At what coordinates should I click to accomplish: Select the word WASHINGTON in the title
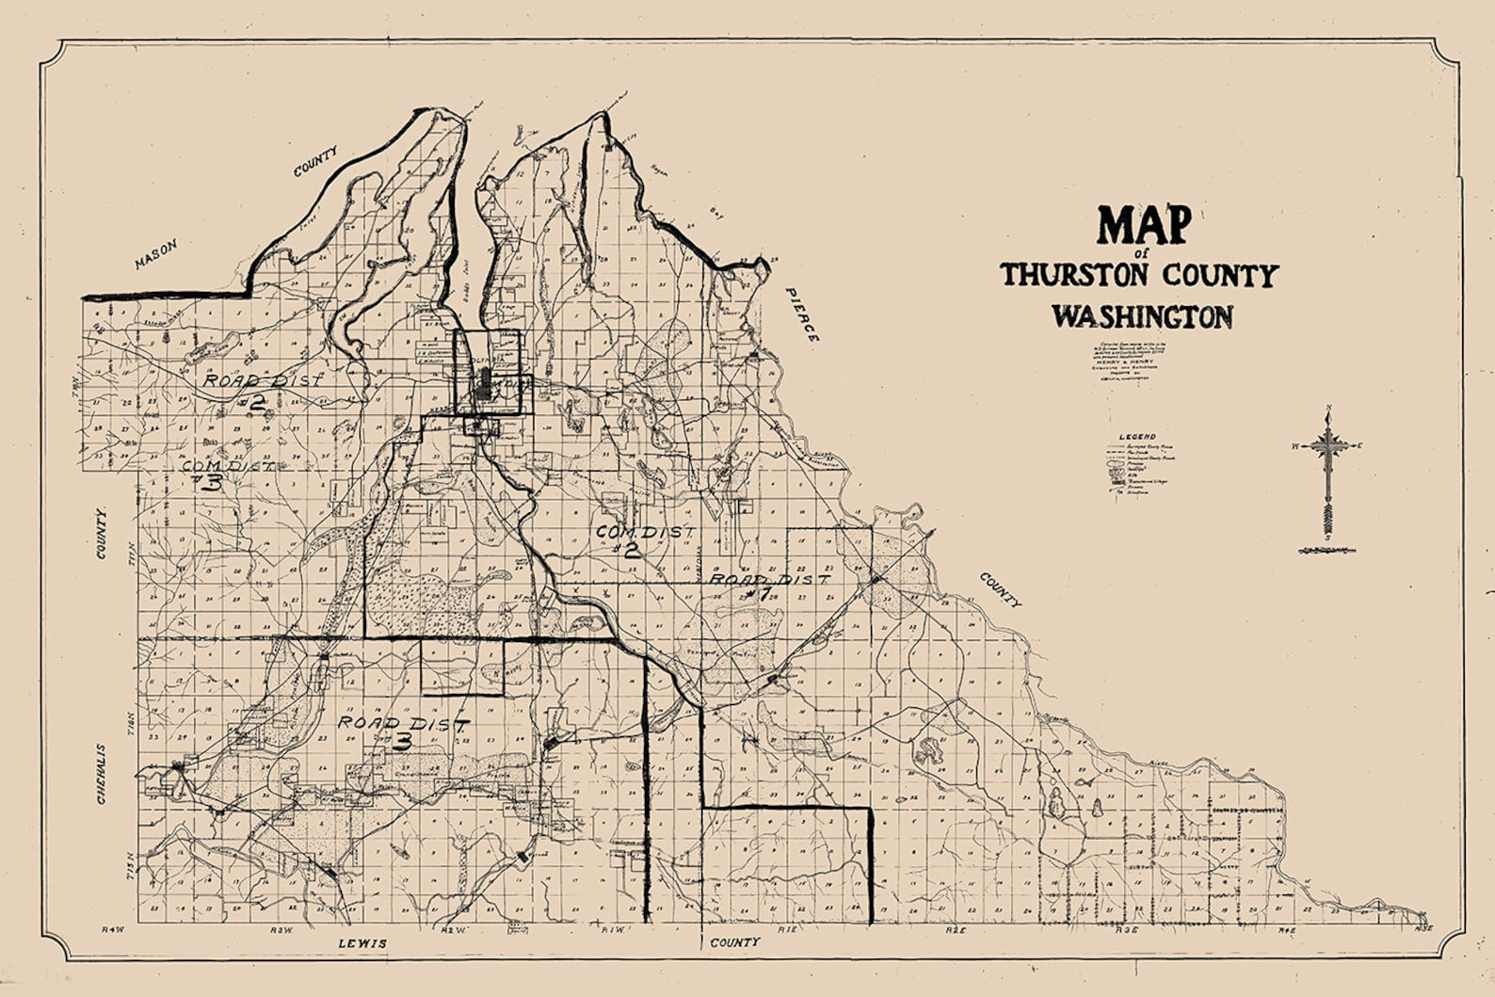click(x=1142, y=315)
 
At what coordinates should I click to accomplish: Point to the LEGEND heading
click(x=1137, y=438)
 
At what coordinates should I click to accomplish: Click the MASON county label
click(x=155, y=253)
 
